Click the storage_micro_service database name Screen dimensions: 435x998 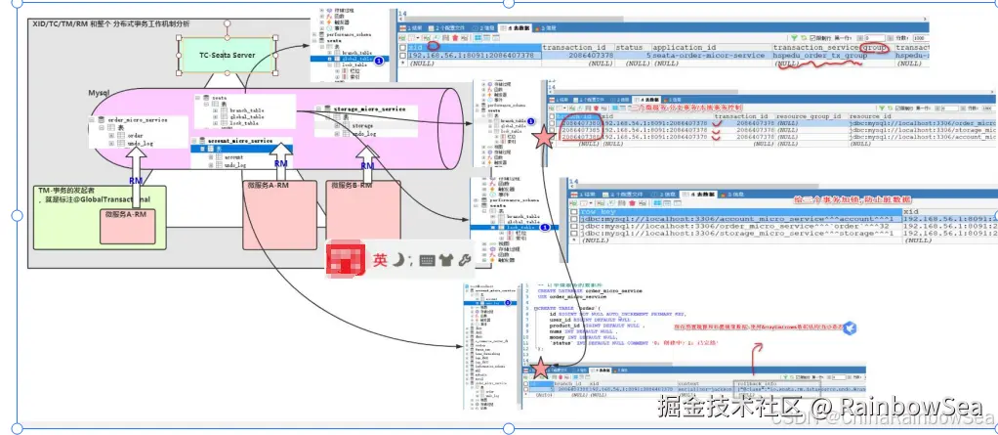pos(368,109)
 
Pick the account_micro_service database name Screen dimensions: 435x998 pos(239,141)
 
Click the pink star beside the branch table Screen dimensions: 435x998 pos(543,138)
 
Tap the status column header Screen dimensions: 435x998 pos(629,46)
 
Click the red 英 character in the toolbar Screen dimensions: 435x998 pos(381,260)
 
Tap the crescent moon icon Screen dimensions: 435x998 pos(401,259)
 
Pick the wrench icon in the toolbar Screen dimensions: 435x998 pos(465,260)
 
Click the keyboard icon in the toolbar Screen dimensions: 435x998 pos(427,260)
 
